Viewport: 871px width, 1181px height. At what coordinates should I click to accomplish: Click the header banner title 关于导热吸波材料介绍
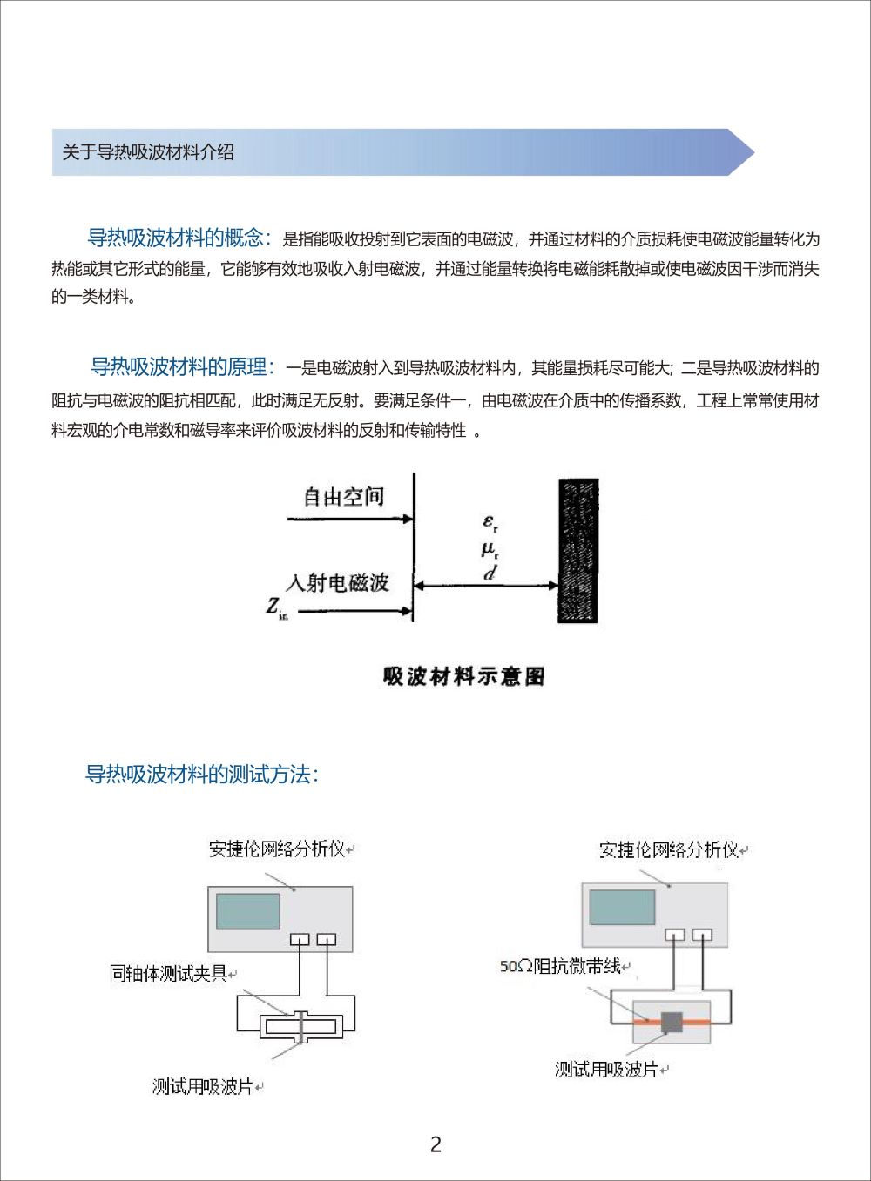148,152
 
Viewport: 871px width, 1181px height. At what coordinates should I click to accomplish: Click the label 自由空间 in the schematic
343,497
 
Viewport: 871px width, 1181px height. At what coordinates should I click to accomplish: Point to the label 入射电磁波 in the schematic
337,581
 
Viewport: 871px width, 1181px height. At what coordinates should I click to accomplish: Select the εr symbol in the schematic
490,523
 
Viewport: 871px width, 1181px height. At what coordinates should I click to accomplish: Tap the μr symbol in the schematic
490,549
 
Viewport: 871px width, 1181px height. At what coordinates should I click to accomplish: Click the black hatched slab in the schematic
578,550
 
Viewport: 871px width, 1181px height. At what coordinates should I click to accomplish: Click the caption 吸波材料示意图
464,676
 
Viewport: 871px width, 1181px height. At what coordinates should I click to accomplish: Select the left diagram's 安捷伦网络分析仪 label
276,849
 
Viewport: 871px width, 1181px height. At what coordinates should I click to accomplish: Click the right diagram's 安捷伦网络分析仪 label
668,849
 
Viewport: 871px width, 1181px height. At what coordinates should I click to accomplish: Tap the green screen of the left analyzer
248,911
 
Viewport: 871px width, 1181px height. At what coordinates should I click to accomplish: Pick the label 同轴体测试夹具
168,973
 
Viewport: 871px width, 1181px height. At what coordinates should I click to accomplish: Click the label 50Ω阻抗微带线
559,966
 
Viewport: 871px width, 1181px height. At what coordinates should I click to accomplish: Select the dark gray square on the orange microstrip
671,1023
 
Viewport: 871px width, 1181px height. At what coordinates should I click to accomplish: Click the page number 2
436,1144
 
